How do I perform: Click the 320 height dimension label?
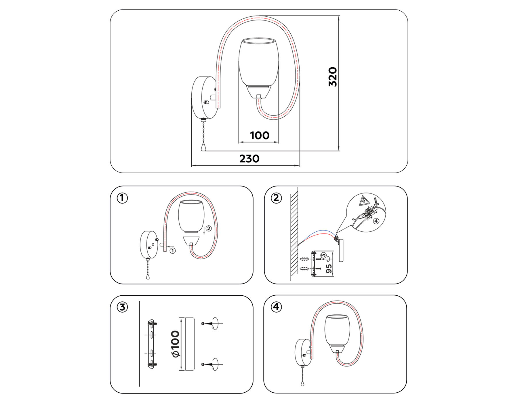[x=333, y=77]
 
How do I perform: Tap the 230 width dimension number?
[x=249, y=159]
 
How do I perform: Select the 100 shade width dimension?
[x=260, y=135]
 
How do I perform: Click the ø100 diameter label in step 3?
[x=176, y=344]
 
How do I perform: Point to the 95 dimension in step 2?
[x=329, y=269]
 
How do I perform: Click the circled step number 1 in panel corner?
[x=122, y=198]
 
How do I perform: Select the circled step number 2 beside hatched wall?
[x=276, y=198]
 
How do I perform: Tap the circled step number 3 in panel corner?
[x=122, y=307]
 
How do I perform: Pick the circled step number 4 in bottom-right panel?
[x=276, y=307]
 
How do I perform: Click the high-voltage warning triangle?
[x=364, y=200]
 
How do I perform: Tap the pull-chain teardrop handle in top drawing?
[x=203, y=148]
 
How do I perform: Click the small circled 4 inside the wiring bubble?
[x=376, y=221]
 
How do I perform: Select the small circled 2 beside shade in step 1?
[x=209, y=228]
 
